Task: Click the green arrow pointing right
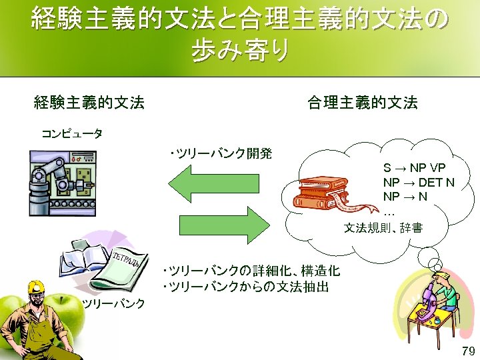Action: tap(220, 225)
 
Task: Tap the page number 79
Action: tap(467, 351)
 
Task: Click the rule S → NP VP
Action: tap(414, 167)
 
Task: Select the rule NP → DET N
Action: tap(419, 181)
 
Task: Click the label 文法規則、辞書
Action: tap(383, 229)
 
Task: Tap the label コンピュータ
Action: tap(72, 133)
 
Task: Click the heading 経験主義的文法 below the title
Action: tap(89, 103)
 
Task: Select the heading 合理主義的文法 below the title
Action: tap(362, 103)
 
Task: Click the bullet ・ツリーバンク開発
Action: tap(221, 154)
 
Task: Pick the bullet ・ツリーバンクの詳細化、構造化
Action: tap(251, 271)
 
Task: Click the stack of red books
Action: tap(321, 189)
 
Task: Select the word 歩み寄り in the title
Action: tap(240, 50)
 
